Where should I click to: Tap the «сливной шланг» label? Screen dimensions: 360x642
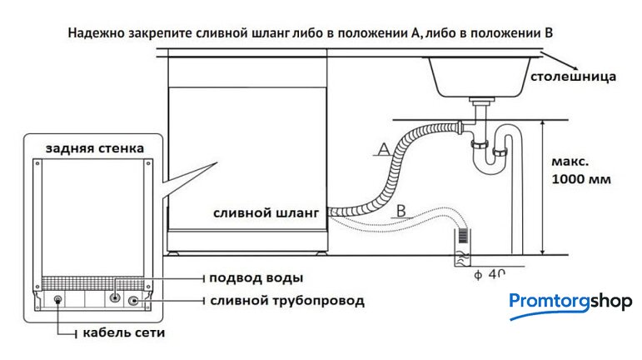tap(266, 213)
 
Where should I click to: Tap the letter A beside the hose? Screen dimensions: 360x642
tap(383, 148)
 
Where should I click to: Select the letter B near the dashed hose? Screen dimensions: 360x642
tap(401, 209)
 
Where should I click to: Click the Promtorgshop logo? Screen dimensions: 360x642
tap(570, 302)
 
